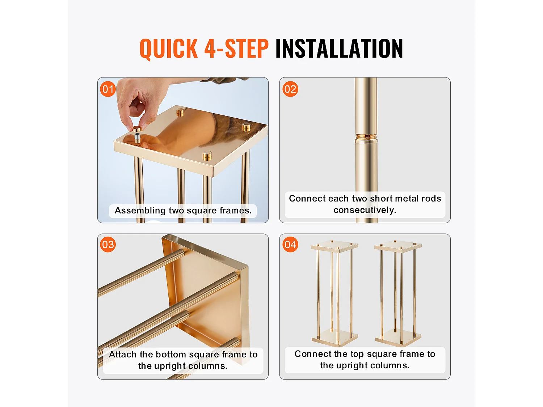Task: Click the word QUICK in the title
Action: [x=168, y=48]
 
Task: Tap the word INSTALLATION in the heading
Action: [x=339, y=48]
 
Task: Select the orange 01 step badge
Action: [x=108, y=89]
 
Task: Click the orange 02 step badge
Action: [x=290, y=89]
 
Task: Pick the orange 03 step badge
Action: [x=108, y=245]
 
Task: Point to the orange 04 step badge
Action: [x=290, y=245]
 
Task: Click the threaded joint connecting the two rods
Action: [x=366, y=137]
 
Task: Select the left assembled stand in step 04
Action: [x=334, y=293]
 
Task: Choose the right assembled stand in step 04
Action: [x=398, y=293]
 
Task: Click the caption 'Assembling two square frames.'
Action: [x=183, y=211]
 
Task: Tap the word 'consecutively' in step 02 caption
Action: [x=365, y=210]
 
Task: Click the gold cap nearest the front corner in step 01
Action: [x=207, y=156]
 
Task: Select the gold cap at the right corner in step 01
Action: [x=246, y=127]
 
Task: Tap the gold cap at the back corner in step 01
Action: [x=180, y=112]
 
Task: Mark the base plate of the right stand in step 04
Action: [x=398, y=338]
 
